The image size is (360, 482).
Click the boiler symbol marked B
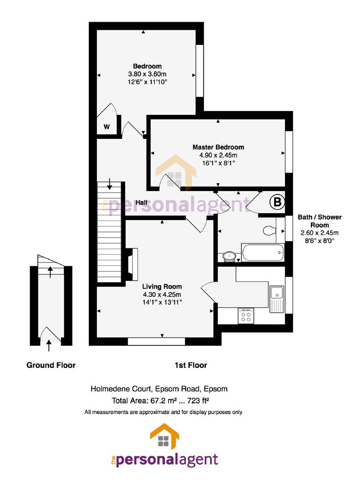pyautogui.click(x=277, y=202)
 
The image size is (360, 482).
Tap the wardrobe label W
pyautogui.click(x=107, y=126)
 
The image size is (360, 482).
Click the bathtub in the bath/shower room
pyautogui.click(x=263, y=253)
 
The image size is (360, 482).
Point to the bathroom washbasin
pyautogui.click(x=229, y=256)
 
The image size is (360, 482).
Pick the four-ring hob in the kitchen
pyautogui.click(x=246, y=316)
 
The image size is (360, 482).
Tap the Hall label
pyautogui.click(x=141, y=203)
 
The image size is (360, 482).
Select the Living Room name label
pyautogui.click(x=162, y=287)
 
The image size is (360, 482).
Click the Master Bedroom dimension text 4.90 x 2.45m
pyautogui.click(x=218, y=155)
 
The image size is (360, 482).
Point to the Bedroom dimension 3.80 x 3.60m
pyautogui.click(x=147, y=74)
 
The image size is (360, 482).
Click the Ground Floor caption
pyautogui.click(x=51, y=365)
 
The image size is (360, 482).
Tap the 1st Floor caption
pyautogui.click(x=191, y=365)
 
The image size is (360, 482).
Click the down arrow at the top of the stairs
pyautogui.click(x=109, y=183)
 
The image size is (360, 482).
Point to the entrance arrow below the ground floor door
pyautogui.click(x=49, y=345)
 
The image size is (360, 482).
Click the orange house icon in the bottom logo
pyautogui.click(x=164, y=436)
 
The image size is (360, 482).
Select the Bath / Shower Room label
pyautogui.click(x=320, y=221)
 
